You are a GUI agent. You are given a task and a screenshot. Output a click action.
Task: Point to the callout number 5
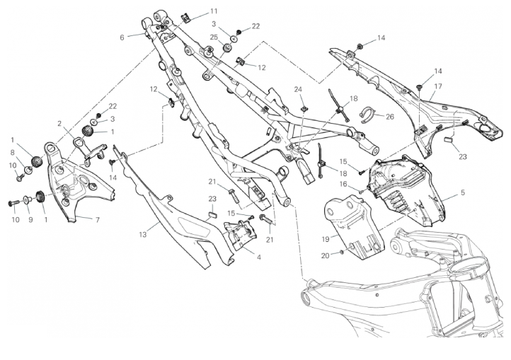(462, 192)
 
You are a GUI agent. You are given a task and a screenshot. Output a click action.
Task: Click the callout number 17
(438, 86)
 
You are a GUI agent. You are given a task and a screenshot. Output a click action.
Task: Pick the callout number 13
(142, 233)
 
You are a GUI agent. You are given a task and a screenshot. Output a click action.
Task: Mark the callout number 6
(122, 37)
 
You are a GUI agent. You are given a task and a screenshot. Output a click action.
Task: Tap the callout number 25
(214, 36)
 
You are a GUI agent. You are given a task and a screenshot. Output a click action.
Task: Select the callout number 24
(298, 89)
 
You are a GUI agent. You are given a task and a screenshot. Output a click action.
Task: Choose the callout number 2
(60, 123)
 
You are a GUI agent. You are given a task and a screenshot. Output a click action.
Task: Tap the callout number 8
(12, 151)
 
